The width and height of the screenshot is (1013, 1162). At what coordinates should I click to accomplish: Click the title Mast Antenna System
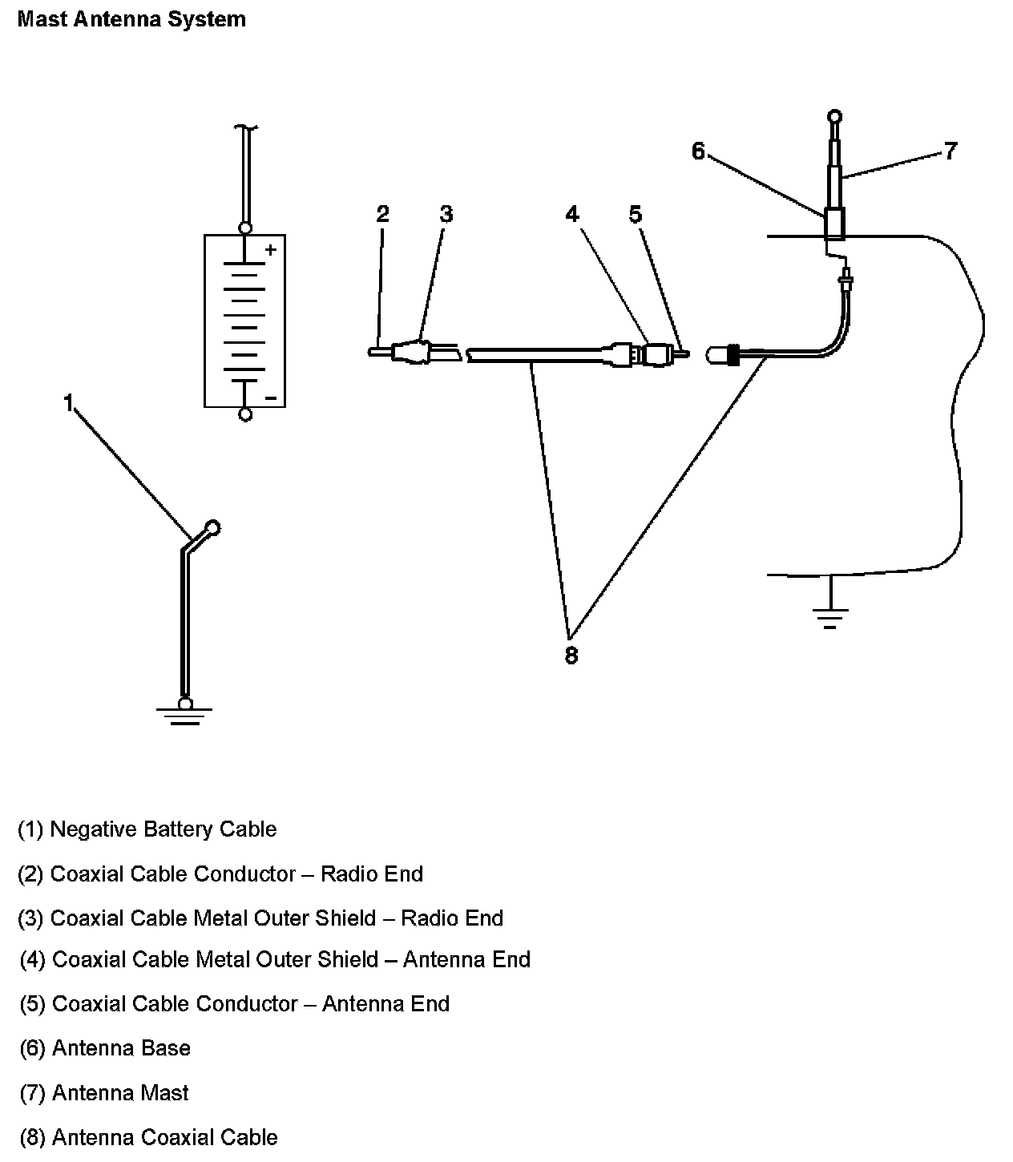point(131,19)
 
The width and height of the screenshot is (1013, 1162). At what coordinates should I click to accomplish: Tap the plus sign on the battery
point(270,250)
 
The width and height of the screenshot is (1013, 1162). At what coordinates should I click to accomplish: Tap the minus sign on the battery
point(270,397)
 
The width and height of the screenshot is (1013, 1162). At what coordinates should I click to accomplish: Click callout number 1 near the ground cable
point(69,402)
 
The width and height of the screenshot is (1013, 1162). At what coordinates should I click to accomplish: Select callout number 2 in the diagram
point(382,214)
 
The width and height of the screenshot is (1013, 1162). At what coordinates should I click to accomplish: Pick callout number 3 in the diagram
point(446,214)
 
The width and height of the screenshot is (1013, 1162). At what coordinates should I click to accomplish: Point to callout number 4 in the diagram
point(571,214)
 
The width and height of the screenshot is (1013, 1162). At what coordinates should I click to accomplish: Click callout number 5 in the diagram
point(635,214)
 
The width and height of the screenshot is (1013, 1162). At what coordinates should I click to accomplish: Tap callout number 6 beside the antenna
point(698,151)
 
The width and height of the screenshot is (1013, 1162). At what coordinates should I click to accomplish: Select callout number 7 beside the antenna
point(950,151)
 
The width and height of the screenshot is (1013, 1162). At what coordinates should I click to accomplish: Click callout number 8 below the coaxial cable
point(571,656)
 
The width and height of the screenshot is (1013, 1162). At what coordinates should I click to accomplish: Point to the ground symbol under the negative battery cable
point(185,713)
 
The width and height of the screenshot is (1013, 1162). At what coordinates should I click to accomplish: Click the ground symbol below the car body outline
point(830,617)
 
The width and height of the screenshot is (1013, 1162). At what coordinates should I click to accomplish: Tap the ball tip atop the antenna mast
point(834,116)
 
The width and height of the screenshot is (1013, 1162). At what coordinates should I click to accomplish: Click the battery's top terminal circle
point(246,228)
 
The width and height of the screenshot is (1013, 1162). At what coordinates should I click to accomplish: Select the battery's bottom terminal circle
point(246,414)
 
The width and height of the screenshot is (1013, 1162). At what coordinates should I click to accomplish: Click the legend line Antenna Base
point(105,1048)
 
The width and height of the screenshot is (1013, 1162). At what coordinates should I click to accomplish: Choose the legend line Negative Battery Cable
point(147,829)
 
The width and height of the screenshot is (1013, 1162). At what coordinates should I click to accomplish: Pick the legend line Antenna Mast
point(104,1093)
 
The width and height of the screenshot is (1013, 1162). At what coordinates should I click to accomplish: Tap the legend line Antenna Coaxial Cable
point(148,1137)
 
